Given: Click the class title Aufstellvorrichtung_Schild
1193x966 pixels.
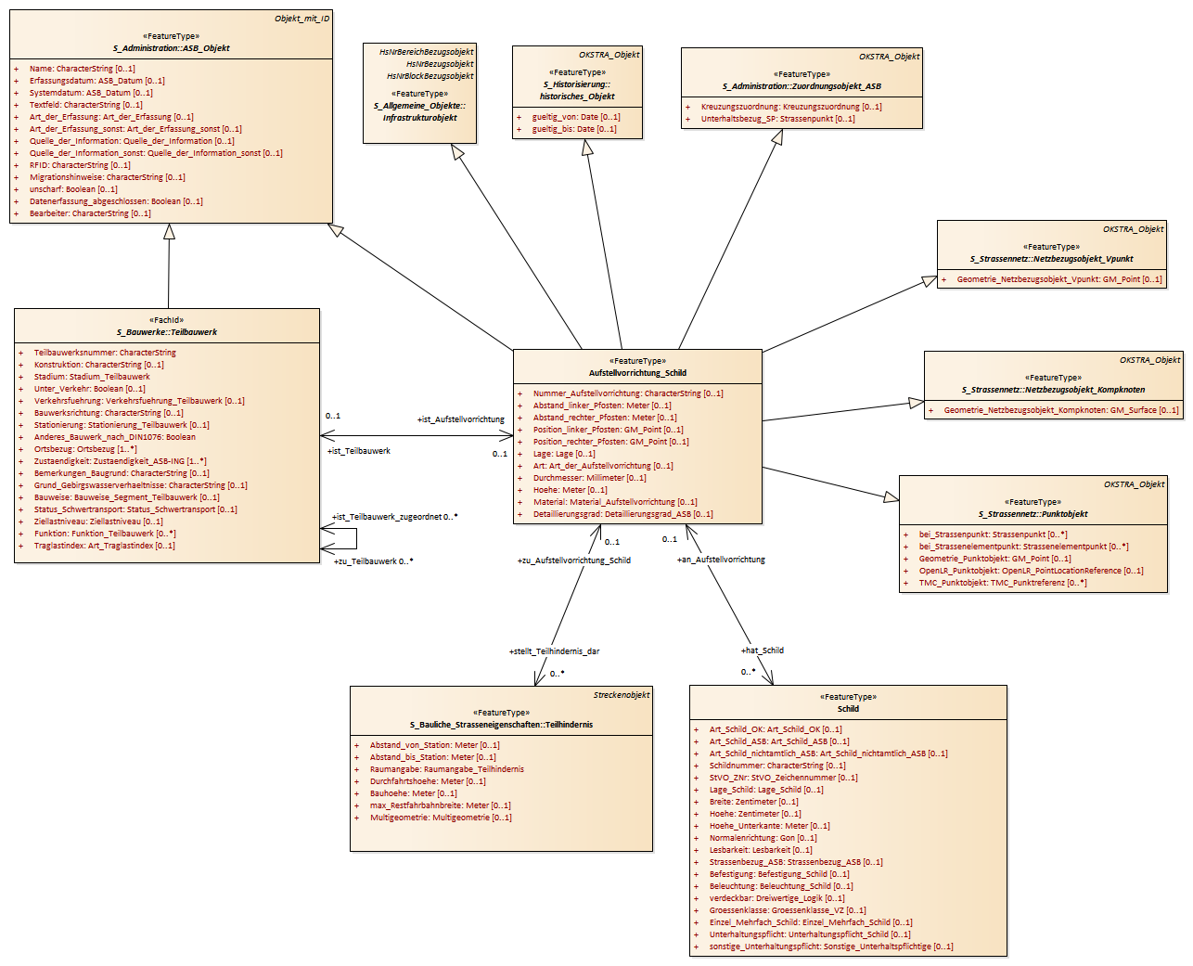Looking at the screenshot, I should pos(637,373).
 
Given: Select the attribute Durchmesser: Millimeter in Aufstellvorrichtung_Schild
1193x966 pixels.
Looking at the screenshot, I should pos(589,478).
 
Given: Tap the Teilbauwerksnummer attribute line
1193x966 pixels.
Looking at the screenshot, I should pos(105,353).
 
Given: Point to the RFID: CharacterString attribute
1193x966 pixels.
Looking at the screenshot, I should pos(80,165).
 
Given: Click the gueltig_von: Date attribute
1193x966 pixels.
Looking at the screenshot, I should pos(575,117).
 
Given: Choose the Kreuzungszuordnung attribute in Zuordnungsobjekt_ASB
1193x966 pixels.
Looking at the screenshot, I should pos(791,107).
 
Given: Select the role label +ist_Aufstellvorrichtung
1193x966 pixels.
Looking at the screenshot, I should pos(460,419).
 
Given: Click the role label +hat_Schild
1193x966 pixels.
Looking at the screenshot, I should pos(762,650).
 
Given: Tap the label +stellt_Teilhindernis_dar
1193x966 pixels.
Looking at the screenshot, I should pos(554,651).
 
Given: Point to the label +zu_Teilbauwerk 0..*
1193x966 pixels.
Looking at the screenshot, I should pos(373,561).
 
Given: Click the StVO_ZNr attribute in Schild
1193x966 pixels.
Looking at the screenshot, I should pos(783,778).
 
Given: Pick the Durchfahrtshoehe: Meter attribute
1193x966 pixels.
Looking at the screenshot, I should pos(428,781).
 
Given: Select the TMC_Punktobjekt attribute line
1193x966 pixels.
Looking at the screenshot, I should pos(1002,583).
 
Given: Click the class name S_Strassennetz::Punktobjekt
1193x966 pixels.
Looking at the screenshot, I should pos(1033,514).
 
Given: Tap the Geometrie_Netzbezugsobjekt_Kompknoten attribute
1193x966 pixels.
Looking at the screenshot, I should pos(1060,410).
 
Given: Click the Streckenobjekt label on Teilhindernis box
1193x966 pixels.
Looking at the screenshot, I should pos(621,695).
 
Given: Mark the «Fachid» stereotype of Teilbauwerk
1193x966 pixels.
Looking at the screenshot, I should pos(167,320).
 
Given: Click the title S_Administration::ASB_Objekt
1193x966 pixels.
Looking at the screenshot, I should pos(172,48).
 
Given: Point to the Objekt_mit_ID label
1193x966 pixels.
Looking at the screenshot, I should pos(301,19).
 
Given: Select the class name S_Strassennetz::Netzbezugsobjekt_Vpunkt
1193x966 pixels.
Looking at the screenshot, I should pos(1051,259).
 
